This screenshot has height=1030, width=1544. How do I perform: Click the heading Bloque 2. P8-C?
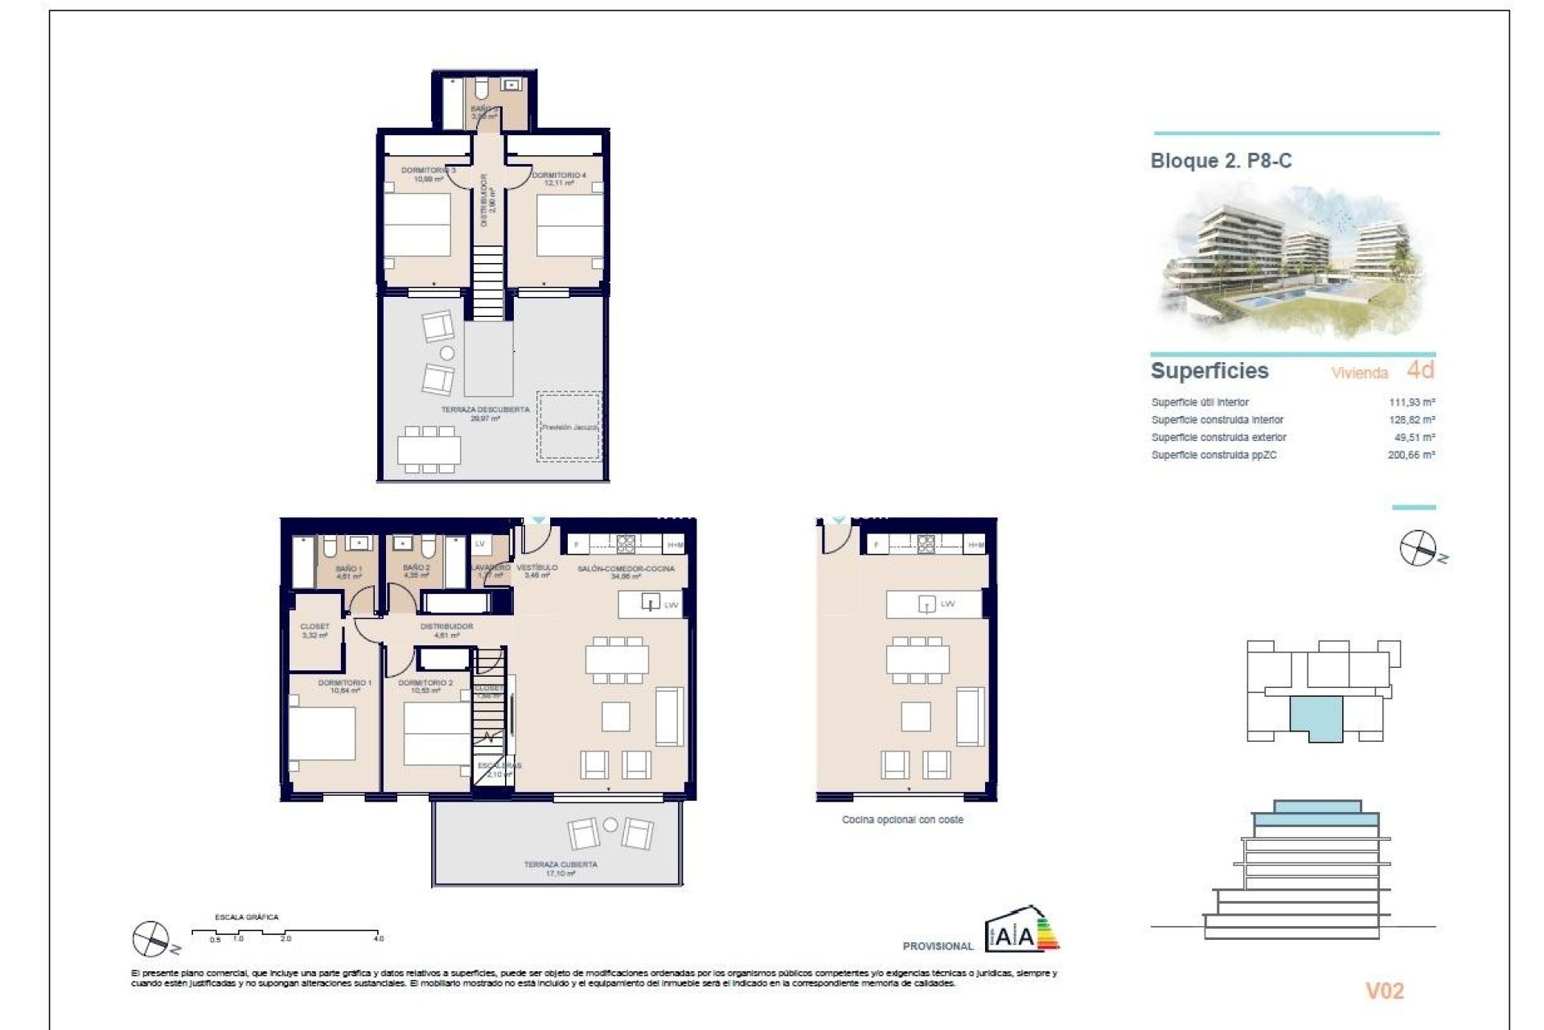pos(1221,161)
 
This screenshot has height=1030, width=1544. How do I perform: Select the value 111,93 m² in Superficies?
pos(1411,402)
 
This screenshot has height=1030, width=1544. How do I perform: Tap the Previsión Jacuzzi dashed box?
pos(569,427)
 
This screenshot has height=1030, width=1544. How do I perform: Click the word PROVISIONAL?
pos(938,946)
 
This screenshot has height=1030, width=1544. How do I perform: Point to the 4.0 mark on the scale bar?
pos(379,938)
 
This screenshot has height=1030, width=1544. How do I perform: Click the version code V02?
pos(1384,991)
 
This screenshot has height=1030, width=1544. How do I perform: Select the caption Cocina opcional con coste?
pos(902,820)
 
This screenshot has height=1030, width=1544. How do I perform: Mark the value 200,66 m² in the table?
pos(1411,455)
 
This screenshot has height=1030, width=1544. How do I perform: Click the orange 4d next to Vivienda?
pos(1420,370)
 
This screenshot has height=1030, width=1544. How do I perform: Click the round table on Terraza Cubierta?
pos(610,825)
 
